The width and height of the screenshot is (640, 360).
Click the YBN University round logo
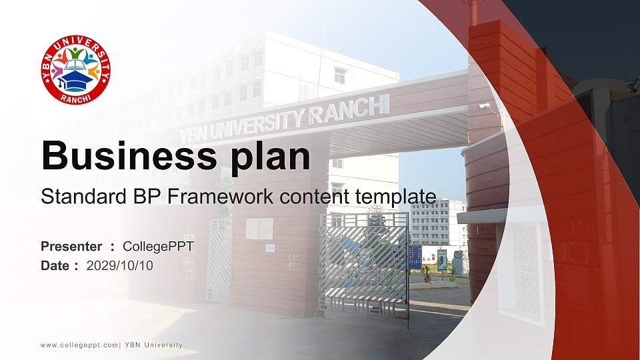(76, 69)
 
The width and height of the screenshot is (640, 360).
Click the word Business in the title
(129, 156)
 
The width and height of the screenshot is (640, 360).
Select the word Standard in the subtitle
(83, 196)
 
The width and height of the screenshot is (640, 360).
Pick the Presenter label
(71, 247)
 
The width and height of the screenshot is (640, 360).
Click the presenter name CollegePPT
(159, 247)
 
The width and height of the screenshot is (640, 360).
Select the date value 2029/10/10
(119, 266)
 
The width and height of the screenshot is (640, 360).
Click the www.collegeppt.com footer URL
(79, 345)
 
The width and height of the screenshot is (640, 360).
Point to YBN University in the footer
(153, 345)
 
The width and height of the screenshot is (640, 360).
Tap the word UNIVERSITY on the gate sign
(261, 123)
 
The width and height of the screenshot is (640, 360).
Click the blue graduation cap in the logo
(76, 80)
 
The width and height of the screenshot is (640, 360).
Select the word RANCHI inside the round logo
(75, 99)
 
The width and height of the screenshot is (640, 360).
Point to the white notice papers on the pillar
(259, 229)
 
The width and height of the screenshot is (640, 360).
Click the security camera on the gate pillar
(485, 107)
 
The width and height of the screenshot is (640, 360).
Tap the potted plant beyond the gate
(427, 274)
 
